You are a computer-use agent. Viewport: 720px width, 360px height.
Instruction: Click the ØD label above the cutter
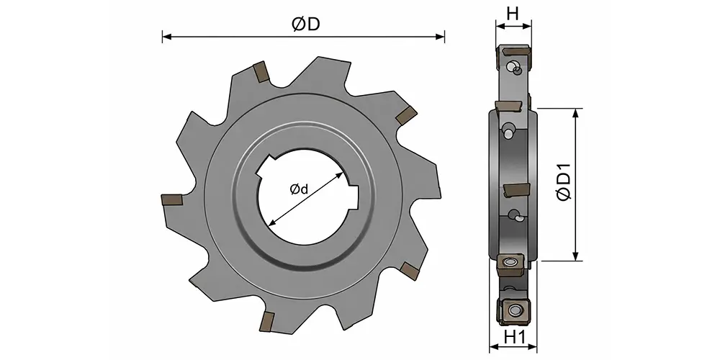(306, 24)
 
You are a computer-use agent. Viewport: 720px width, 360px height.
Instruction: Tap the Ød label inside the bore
(299, 189)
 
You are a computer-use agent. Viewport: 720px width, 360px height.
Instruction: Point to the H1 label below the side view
(514, 338)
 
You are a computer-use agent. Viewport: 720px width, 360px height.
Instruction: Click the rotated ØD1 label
(564, 181)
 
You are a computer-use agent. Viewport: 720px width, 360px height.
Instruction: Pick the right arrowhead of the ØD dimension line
(440, 37)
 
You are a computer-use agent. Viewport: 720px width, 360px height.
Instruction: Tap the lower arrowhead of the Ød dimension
(272, 222)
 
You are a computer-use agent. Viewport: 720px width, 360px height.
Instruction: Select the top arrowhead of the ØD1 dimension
(575, 114)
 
